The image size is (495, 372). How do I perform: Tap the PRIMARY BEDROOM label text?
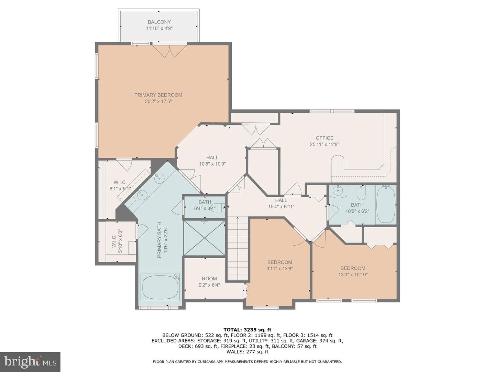tap(158, 95)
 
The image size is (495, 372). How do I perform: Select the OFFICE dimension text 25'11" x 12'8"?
tap(324, 144)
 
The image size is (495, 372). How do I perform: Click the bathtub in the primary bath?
tap(160, 287)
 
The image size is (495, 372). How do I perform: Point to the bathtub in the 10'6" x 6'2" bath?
tap(386, 204)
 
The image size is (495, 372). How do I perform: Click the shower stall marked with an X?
tap(205, 238)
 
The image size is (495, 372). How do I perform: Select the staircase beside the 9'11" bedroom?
tap(238, 248)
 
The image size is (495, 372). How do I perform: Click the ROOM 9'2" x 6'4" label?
tap(209, 282)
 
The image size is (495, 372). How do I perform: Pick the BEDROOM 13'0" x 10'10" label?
tap(353, 271)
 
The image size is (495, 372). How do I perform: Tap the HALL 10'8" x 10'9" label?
tap(212, 161)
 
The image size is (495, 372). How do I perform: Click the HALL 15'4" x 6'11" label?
tap(281, 203)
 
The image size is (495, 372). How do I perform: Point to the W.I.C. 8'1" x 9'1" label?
tap(120, 185)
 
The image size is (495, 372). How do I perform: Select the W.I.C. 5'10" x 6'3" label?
tap(117, 241)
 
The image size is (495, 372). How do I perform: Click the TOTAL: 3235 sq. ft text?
tap(247, 330)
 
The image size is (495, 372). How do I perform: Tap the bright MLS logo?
tap(30, 362)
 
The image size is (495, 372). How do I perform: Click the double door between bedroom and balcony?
tap(169, 51)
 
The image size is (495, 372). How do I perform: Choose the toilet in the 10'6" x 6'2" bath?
tap(361, 193)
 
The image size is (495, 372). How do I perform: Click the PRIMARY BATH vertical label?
tap(162, 240)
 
